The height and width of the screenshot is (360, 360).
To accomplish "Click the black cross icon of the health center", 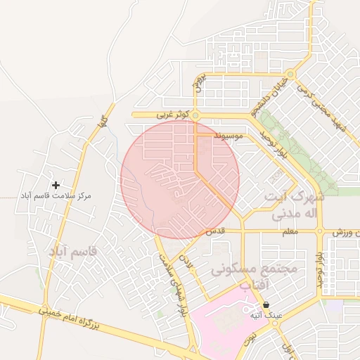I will [x=56, y=184].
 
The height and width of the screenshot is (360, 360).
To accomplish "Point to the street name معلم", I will [x=288, y=231].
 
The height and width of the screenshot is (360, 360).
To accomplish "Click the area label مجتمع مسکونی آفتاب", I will [x=254, y=276].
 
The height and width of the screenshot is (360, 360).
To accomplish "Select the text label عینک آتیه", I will [x=266, y=316].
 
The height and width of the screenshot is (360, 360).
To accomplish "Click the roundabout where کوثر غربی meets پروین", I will [x=196, y=115].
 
